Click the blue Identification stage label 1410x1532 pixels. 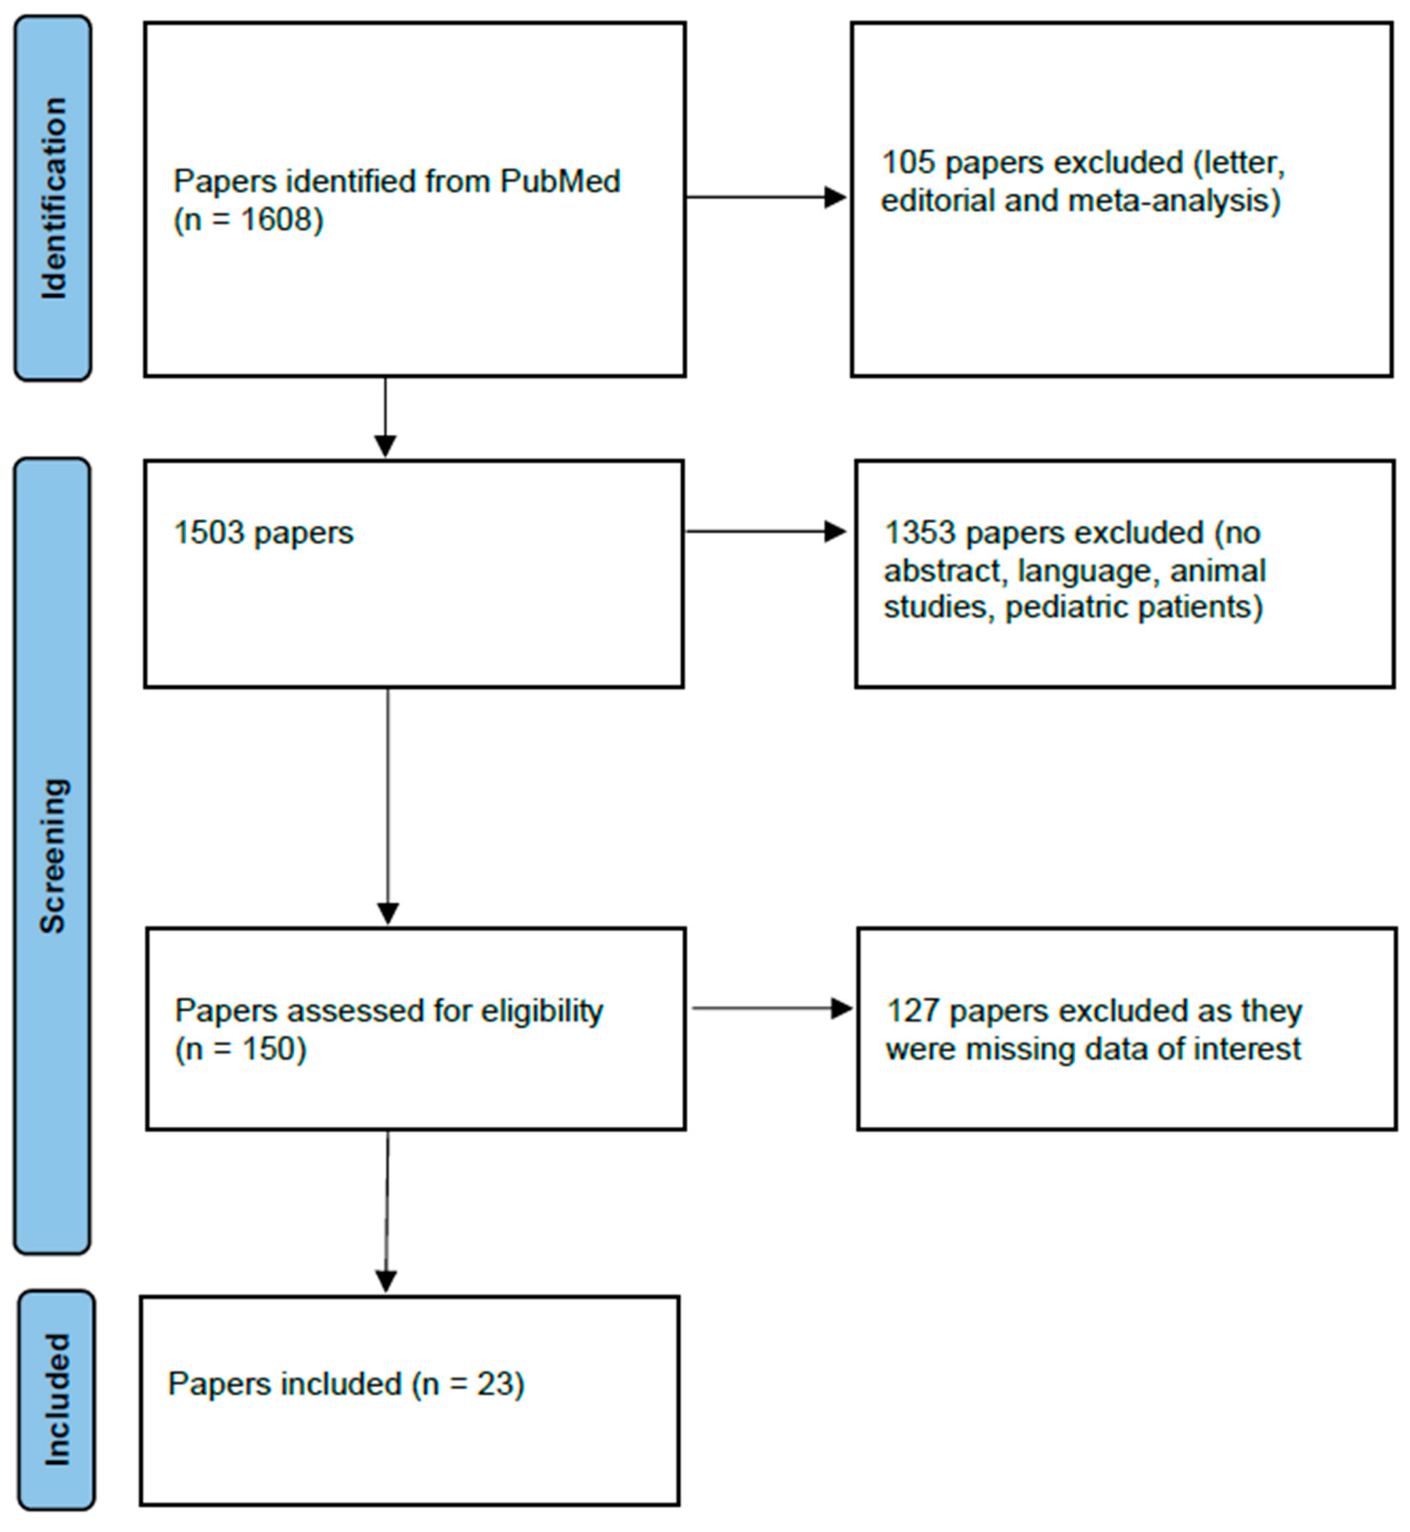53,198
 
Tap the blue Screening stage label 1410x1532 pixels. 52,856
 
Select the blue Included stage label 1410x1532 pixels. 57,1400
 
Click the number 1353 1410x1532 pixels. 920,533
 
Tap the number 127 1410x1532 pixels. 912,1011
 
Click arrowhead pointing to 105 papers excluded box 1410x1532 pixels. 835,198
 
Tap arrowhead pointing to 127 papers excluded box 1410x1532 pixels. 841,1008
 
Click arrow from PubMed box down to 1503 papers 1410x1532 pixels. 386,416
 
